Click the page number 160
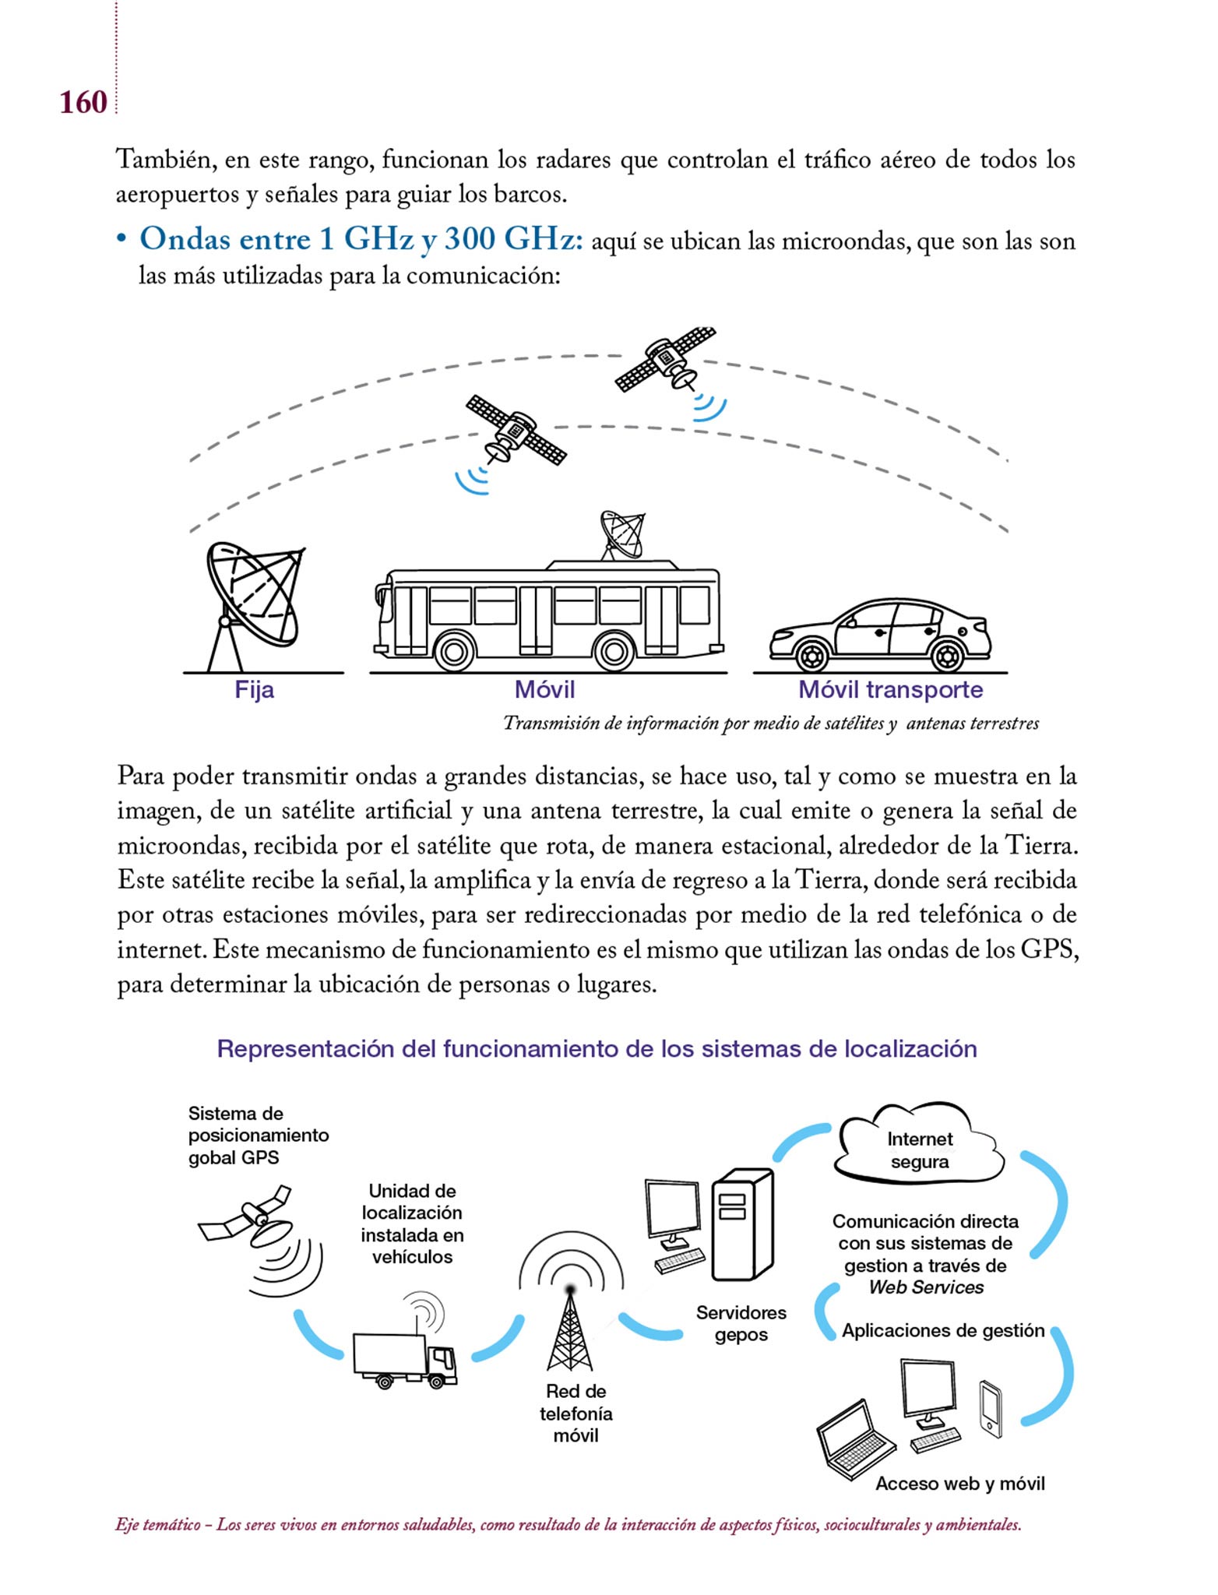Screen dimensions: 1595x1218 tap(83, 103)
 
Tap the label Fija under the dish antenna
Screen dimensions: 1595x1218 tap(254, 689)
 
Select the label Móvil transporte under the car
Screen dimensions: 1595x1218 tap(890, 689)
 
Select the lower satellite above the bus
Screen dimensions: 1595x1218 tap(515, 430)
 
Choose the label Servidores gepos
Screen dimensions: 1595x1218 tap(741, 1323)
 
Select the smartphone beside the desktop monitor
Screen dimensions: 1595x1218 tap(990, 1409)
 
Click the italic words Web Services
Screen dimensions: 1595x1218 tap(925, 1287)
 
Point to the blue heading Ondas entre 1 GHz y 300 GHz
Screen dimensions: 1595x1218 tap(361, 239)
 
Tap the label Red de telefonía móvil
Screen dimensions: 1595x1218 tap(576, 1413)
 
